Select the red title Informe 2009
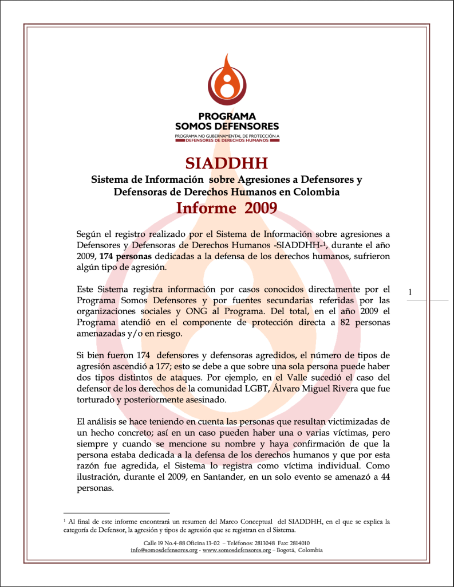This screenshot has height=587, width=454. click(227, 208)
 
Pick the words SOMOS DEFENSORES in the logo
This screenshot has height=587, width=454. click(227, 126)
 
